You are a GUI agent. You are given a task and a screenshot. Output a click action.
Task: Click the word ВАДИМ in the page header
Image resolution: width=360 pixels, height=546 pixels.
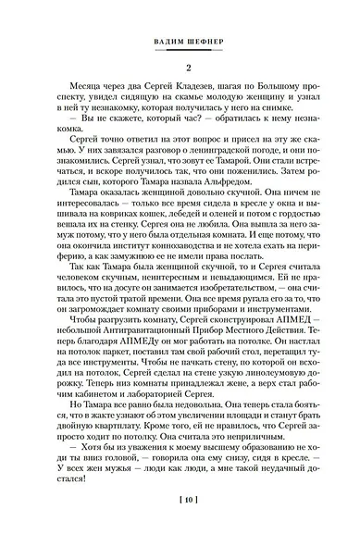pos(157,41)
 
